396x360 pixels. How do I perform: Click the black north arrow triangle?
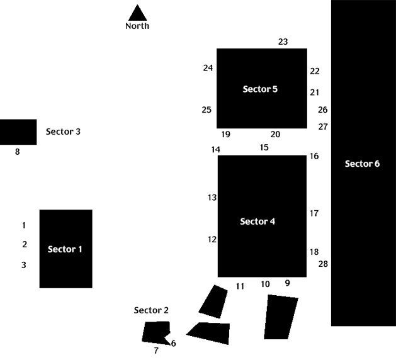coord(137,14)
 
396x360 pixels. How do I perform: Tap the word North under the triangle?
coord(137,26)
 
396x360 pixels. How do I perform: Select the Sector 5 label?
coord(260,89)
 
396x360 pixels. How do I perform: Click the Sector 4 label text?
coord(257,222)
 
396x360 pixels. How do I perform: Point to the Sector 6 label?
coord(362,164)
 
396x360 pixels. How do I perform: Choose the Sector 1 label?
coord(65,249)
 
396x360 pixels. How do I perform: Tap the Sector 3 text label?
coord(63,132)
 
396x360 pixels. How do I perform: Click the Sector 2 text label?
coord(151,310)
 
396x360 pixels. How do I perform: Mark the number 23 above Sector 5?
coord(283,42)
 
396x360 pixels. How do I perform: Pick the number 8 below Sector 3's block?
coord(18,152)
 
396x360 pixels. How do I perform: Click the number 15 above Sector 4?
coord(264,147)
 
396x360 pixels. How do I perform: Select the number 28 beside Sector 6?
coord(323,264)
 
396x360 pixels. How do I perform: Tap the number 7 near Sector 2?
coord(156,351)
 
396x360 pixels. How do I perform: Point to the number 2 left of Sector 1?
coord(25,245)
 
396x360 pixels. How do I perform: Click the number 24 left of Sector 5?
coord(208,68)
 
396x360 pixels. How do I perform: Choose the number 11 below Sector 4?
coord(240,286)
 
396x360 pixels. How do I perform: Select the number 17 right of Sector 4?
coord(314,213)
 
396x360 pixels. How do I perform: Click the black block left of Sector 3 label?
coord(18,132)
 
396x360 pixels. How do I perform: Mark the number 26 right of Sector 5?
coord(323,110)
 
